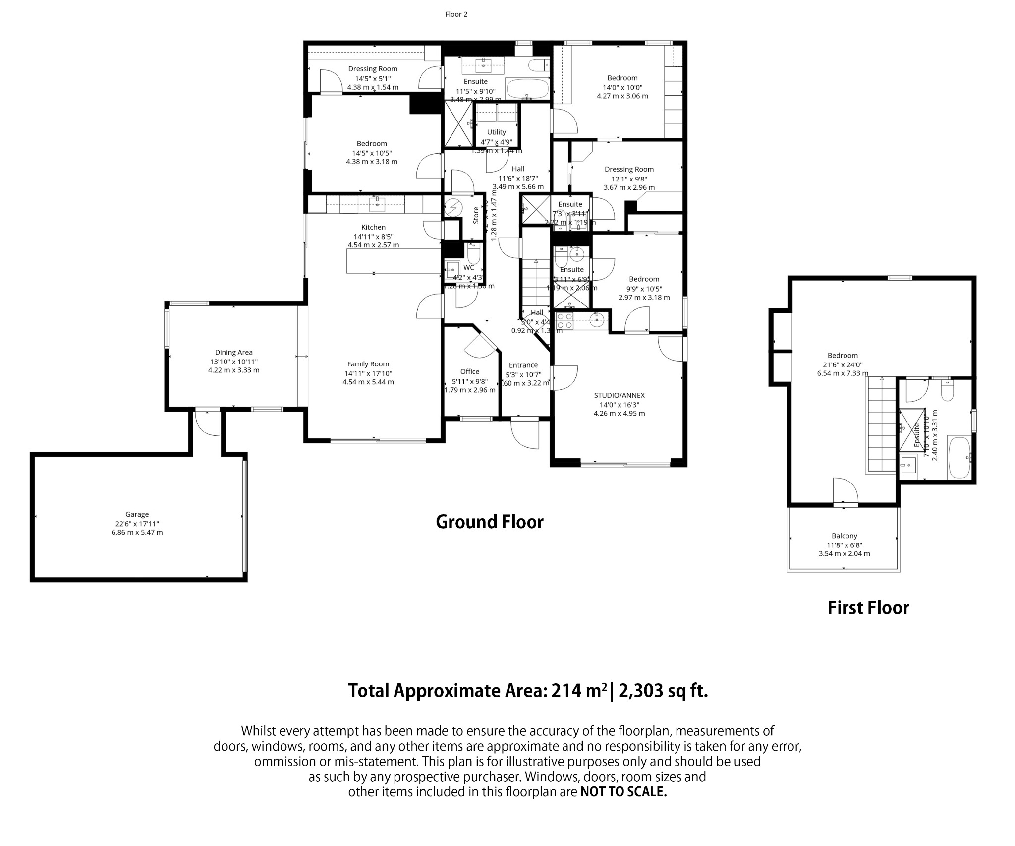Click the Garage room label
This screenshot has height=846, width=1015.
[x=137, y=514]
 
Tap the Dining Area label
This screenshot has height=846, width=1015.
[x=233, y=353]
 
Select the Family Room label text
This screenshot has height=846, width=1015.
[x=368, y=364]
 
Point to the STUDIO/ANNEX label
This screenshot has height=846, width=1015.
[x=619, y=395]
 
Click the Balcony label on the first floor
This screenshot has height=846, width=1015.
[x=844, y=536]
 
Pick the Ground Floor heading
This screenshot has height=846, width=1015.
[x=489, y=522]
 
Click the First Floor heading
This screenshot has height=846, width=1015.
[x=868, y=608]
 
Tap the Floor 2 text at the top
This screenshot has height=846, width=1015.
[x=456, y=14]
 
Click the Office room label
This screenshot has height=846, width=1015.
[x=469, y=371]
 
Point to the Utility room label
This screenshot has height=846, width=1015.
[x=496, y=132]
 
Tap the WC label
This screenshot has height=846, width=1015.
[x=468, y=268]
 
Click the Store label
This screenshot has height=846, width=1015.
[x=476, y=215]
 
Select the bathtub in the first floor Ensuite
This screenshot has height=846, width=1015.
[x=959, y=457]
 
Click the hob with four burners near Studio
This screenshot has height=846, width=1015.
[x=565, y=320]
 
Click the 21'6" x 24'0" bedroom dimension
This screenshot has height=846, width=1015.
[x=843, y=364]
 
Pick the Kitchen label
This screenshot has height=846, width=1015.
[x=373, y=227]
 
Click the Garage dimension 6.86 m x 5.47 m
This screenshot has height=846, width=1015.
[x=137, y=532]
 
